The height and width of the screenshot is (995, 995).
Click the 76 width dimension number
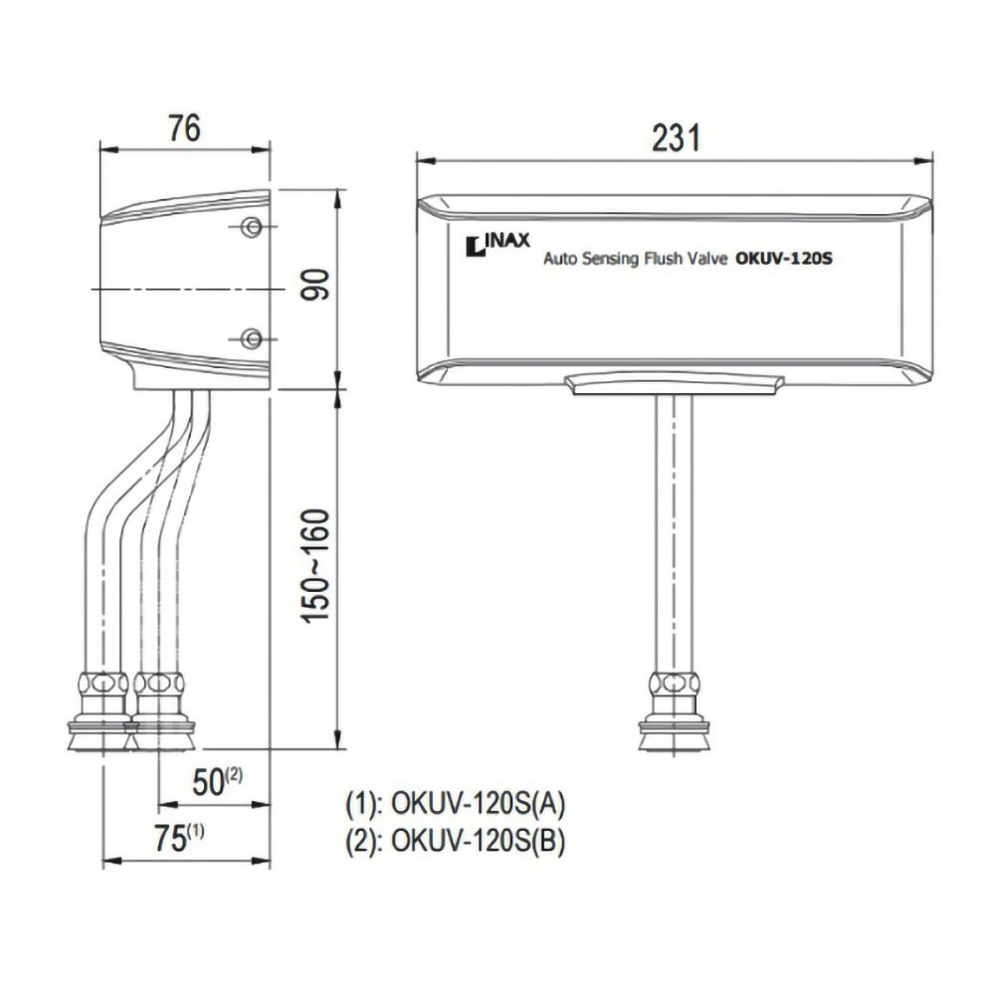(x=185, y=128)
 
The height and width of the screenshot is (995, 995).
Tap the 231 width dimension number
(x=676, y=137)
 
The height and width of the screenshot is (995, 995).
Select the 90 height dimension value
(x=316, y=285)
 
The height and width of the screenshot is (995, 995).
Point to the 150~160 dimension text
(x=316, y=566)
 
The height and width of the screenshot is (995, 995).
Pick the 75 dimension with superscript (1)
(x=179, y=838)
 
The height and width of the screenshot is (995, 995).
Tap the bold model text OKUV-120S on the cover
(x=783, y=259)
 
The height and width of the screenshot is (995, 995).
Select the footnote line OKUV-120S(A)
(x=455, y=803)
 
